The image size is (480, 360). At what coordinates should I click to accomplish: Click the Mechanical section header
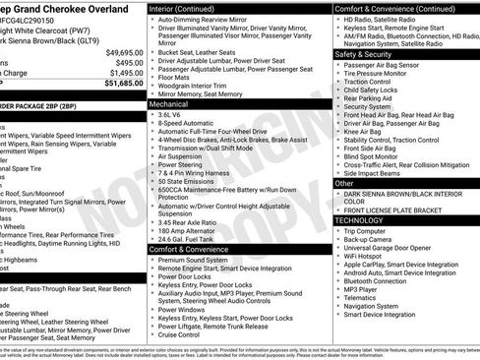[169, 102]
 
